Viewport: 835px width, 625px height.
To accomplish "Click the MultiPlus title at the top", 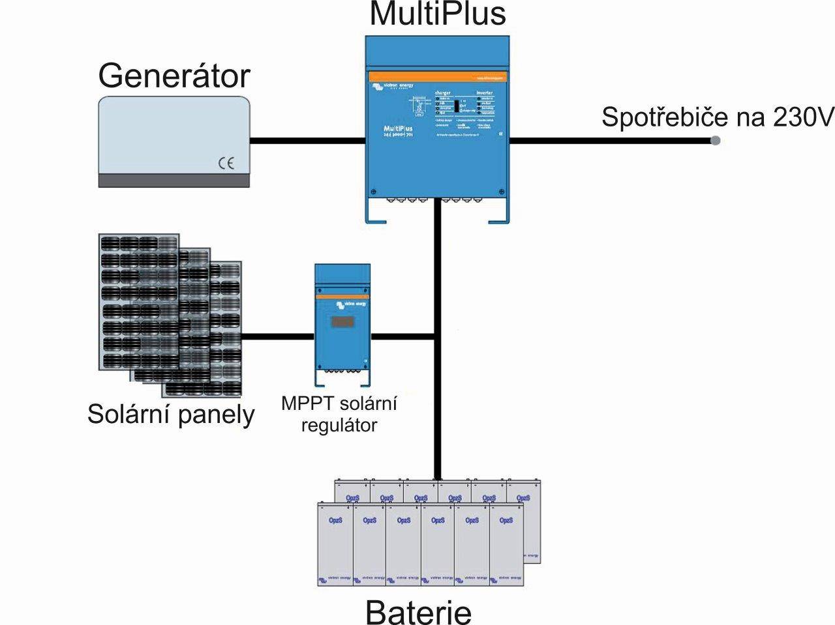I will pyautogui.click(x=438, y=14).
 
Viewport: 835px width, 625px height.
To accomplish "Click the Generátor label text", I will pyautogui.click(x=174, y=76).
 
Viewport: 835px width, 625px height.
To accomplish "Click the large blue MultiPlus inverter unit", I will pyautogui.click(x=436, y=130).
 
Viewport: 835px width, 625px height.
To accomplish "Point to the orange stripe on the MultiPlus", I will pyautogui.click(x=436, y=77).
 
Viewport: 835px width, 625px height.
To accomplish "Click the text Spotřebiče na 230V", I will pyautogui.click(x=717, y=117).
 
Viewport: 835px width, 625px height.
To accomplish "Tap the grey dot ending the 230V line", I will pyautogui.click(x=715, y=140).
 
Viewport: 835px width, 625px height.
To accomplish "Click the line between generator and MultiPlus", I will pyautogui.click(x=307, y=140).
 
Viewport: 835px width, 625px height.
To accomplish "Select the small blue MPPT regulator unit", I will pyautogui.click(x=342, y=323).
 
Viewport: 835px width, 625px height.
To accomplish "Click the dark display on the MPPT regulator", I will pyautogui.click(x=342, y=322).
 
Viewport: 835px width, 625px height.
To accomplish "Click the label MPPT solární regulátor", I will pyautogui.click(x=339, y=414).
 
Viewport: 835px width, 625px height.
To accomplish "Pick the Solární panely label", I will pyautogui.click(x=171, y=414).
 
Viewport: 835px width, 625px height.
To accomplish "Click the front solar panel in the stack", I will pyautogui.click(x=139, y=302).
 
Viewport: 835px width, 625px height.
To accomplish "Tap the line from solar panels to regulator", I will pyautogui.click(x=278, y=336).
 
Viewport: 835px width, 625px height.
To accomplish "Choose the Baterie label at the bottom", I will pyautogui.click(x=418, y=611).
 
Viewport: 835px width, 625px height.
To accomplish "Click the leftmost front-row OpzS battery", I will pyautogui.click(x=335, y=544).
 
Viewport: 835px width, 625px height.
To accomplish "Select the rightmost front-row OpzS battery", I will pyautogui.click(x=506, y=544).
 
